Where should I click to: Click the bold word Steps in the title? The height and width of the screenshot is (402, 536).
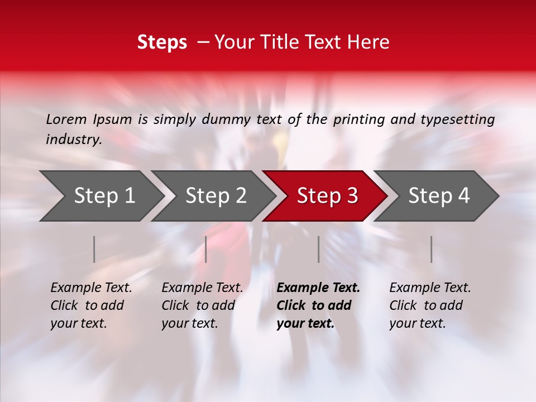[x=162, y=42]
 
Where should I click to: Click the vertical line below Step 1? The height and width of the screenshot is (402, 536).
[x=94, y=249]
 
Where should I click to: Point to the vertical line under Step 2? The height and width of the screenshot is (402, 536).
[x=206, y=249]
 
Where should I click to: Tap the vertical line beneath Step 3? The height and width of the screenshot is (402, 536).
[x=319, y=249]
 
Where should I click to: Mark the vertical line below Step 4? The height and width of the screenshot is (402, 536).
[x=431, y=249]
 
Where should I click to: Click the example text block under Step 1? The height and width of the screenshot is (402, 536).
[x=91, y=305]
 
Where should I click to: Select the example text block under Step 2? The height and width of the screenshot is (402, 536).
[x=202, y=305]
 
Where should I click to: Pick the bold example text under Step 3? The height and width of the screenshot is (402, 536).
[x=318, y=305]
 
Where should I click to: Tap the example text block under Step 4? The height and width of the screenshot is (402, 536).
[x=430, y=305]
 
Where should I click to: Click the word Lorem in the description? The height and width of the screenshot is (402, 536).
[x=66, y=119]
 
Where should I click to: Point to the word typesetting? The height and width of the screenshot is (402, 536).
[x=458, y=119]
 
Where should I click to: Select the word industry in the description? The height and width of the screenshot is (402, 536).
[x=74, y=140]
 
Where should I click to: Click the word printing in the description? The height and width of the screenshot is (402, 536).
[x=359, y=119]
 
